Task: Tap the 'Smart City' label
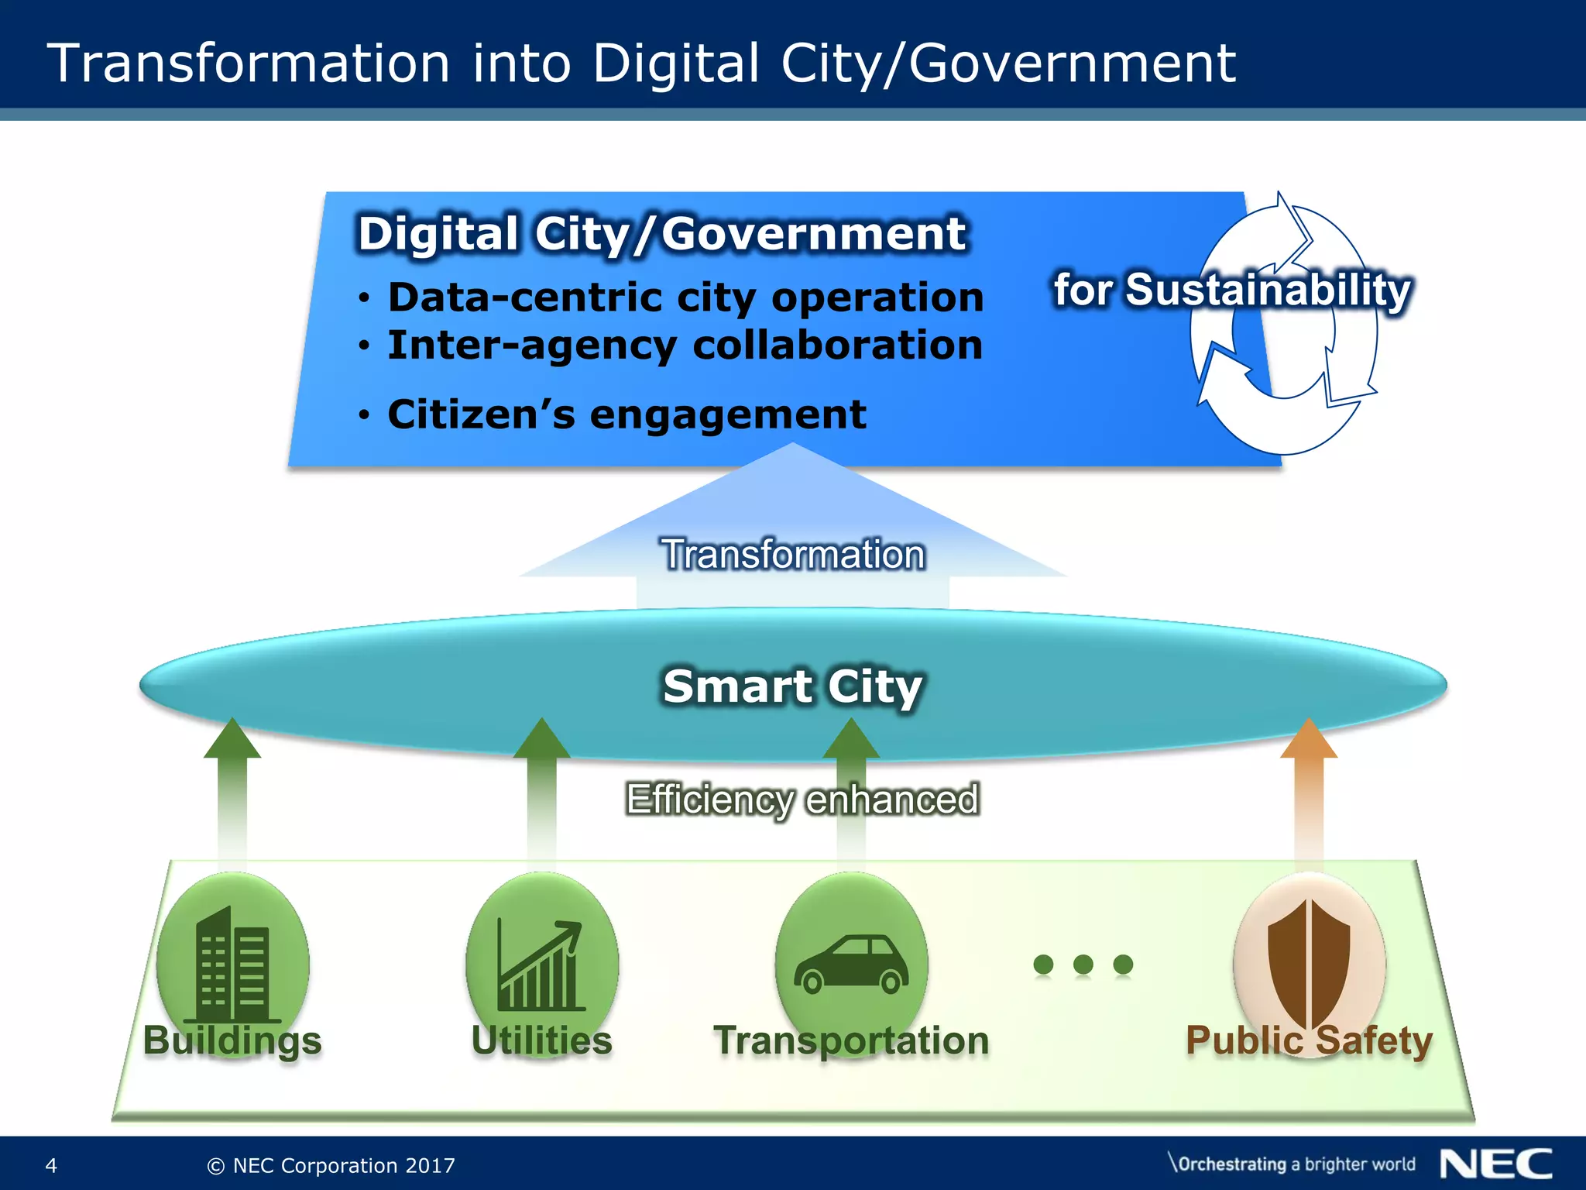tap(793, 686)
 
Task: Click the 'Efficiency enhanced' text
tap(802, 800)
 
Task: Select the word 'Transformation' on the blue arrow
tap(793, 555)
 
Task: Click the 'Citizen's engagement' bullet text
tap(627, 414)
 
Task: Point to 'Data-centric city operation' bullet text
tap(685, 297)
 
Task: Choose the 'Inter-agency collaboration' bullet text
tap(685, 346)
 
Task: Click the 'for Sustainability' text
tap(1232, 291)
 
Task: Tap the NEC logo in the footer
tap(1495, 1164)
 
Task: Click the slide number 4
tap(51, 1165)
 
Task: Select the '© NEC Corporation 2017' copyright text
tap(331, 1165)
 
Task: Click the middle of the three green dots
tap(1083, 964)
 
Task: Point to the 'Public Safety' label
tap(1309, 1040)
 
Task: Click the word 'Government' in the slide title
tap(1072, 64)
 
